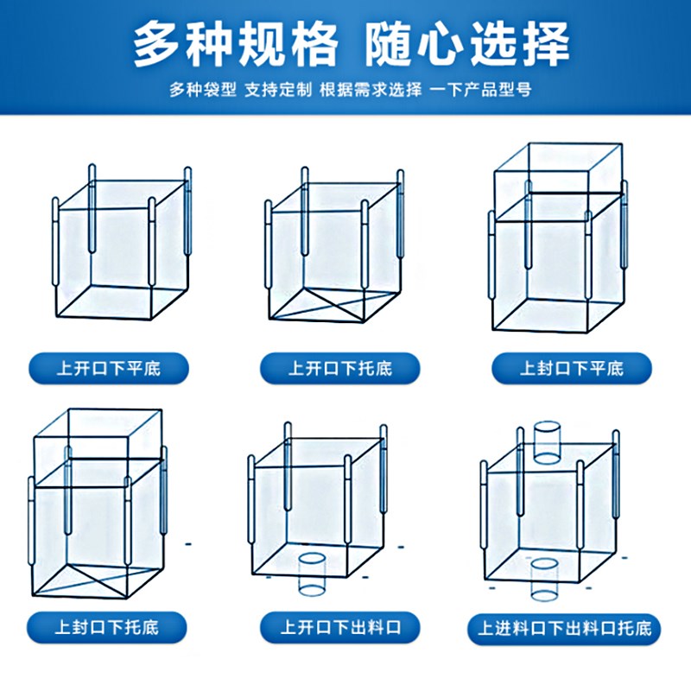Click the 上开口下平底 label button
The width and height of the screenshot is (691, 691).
click(x=109, y=369)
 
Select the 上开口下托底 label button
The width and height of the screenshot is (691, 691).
click(x=339, y=369)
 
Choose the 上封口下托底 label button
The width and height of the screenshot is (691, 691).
click(x=109, y=625)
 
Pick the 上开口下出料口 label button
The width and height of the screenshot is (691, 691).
click(x=339, y=626)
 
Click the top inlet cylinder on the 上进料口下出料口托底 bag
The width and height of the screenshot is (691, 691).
click(x=546, y=442)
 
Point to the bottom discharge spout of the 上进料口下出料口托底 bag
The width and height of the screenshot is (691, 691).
click(x=544, y=579)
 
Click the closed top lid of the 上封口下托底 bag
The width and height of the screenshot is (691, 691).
click(x=97, y=432)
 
